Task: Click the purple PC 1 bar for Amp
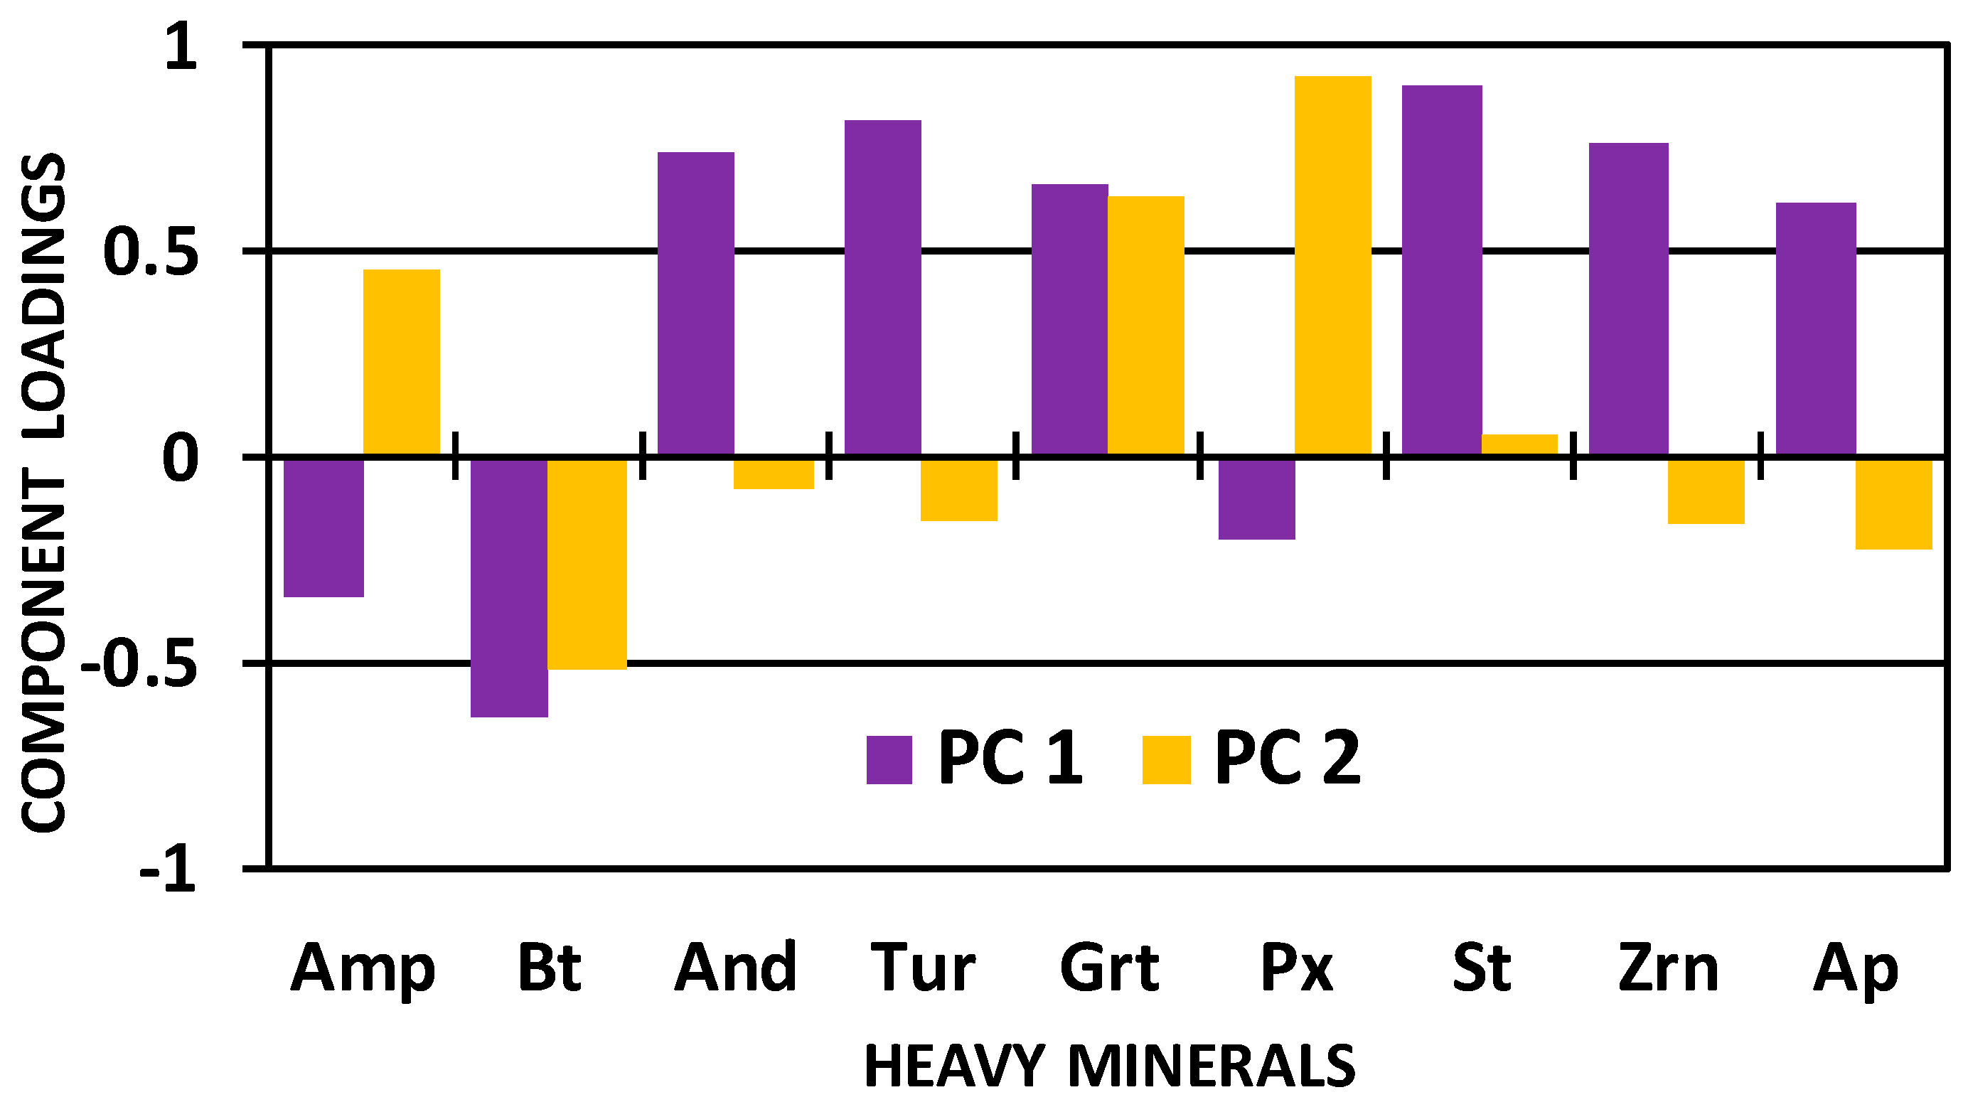point(323,527)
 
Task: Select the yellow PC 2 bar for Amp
point(401,363)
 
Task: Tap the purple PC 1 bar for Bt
point(509,587)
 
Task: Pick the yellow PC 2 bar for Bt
point(587,564)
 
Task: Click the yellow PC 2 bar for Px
point(1332,266)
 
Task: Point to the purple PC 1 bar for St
point(1442,270)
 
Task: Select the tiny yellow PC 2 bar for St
point(1519,444)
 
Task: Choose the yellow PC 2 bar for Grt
point(1145,326)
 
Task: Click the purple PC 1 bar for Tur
point(882,288)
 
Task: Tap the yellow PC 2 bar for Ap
point(1893,503)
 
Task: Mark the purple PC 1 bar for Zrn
point(1628,299)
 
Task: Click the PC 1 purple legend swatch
point(889,759)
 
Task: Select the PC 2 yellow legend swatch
point(1166,759)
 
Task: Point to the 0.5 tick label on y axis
point(151,252)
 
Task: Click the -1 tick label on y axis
point(168,870)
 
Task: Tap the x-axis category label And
point(736,969)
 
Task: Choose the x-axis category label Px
point(1295,969)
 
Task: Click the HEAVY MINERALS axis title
point(1109,1066)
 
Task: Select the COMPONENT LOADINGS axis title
point(43,493)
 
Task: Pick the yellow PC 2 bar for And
point(773,473)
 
